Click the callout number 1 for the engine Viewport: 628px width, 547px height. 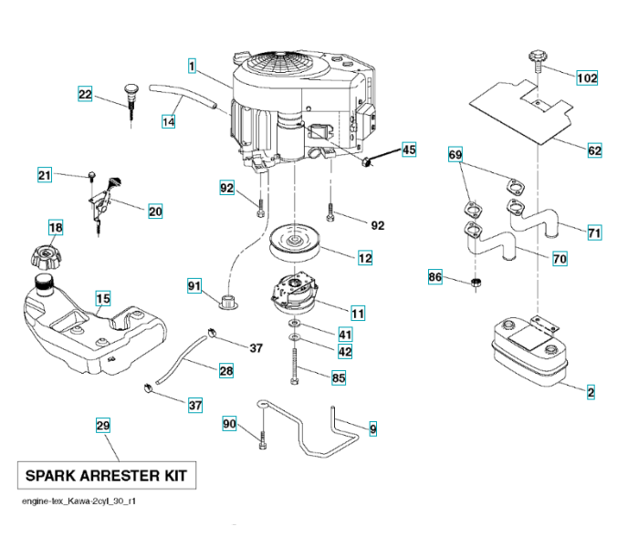tap(193, 66)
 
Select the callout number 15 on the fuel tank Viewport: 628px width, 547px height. tap(103, 298)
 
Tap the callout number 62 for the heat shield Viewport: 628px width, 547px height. tap(595, 150)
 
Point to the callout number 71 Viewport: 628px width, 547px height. tap(594, 233)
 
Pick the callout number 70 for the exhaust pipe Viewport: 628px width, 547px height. tap(560, 259)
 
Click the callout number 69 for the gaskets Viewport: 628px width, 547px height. tap(455, 156)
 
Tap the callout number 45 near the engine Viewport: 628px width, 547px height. tap(408, 150)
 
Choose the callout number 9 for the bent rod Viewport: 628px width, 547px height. tap(373, 427)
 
